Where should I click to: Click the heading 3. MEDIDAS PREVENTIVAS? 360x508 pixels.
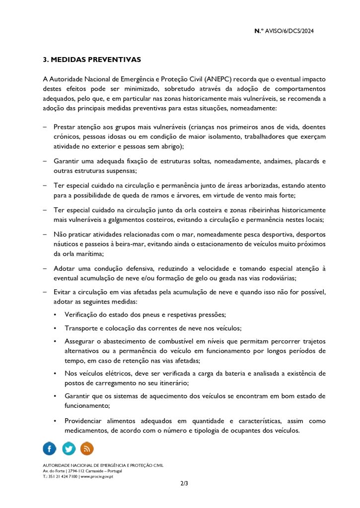(92, 60)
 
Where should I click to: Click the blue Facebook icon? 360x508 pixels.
(50, 448)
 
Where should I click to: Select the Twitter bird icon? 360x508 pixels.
(69, 448)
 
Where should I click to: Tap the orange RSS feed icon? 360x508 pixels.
(87, 448)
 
